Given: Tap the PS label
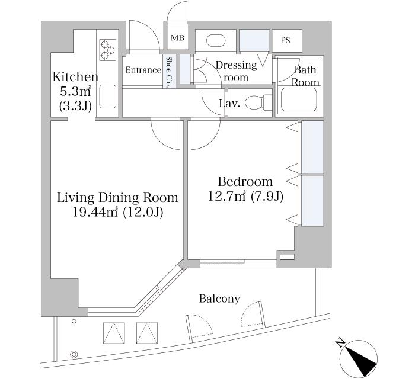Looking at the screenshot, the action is tap(285, 40).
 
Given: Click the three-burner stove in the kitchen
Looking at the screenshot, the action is tap(108, 49).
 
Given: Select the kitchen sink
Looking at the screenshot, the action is tap(108, 97).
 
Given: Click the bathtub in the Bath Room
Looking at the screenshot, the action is tap(299, 100).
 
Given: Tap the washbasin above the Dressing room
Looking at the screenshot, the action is tap(216, 41).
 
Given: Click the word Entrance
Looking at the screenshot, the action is tap(143, 70).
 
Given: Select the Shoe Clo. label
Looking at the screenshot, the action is tap(168, 72).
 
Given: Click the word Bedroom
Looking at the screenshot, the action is tap(245, 182).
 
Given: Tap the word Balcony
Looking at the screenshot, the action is tap(219, 299).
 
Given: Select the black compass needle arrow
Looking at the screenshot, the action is tap(361, 362).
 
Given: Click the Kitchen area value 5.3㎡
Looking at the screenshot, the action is tap(75, 91).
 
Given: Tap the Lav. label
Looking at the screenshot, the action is tap(229, 104).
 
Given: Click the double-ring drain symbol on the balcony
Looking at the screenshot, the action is tap(74, 354).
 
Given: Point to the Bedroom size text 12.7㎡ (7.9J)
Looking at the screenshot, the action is tap(245, 197).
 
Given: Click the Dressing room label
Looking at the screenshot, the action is tap(236, 71).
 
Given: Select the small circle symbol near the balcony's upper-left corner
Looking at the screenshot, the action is tap(74, 321).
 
